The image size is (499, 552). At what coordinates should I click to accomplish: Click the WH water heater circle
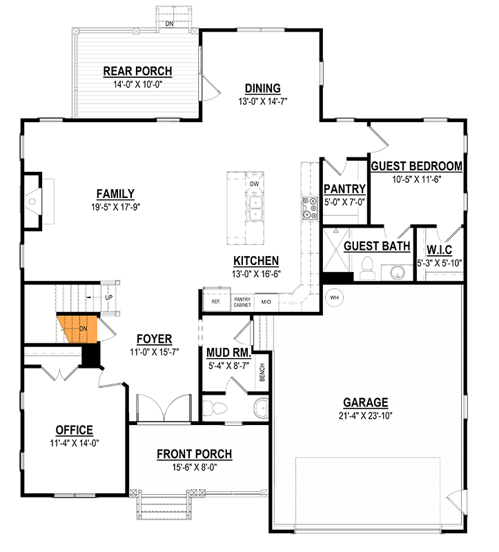(x=334, y=297)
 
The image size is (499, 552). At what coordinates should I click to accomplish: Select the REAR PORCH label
(x=137, y=71)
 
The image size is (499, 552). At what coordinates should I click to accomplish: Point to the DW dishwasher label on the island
(x=254, y=184)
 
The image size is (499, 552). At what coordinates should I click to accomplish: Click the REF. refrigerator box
(x=215, y=302)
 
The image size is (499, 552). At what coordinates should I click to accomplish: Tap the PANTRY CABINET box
(x=242, y=302)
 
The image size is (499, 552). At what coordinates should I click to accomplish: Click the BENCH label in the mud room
(x=263, y=373)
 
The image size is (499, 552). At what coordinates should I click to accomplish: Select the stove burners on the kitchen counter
(x=307, y=206)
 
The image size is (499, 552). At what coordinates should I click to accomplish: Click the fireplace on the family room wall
(x=32, y=201)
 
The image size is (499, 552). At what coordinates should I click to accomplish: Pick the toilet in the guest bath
(x=368, y=265)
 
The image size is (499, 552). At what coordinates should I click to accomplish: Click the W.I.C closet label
(x=439, y=249)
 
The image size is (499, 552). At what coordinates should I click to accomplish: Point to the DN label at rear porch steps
(x=169, y=23)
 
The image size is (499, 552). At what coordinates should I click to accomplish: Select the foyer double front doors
(x=163, y=408)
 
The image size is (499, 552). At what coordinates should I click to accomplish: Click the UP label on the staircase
(x=108, y=297)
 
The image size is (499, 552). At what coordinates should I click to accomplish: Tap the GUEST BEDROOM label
(x=416, y=166)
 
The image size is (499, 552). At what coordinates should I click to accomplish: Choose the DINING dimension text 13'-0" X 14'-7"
(x=262, y=100)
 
